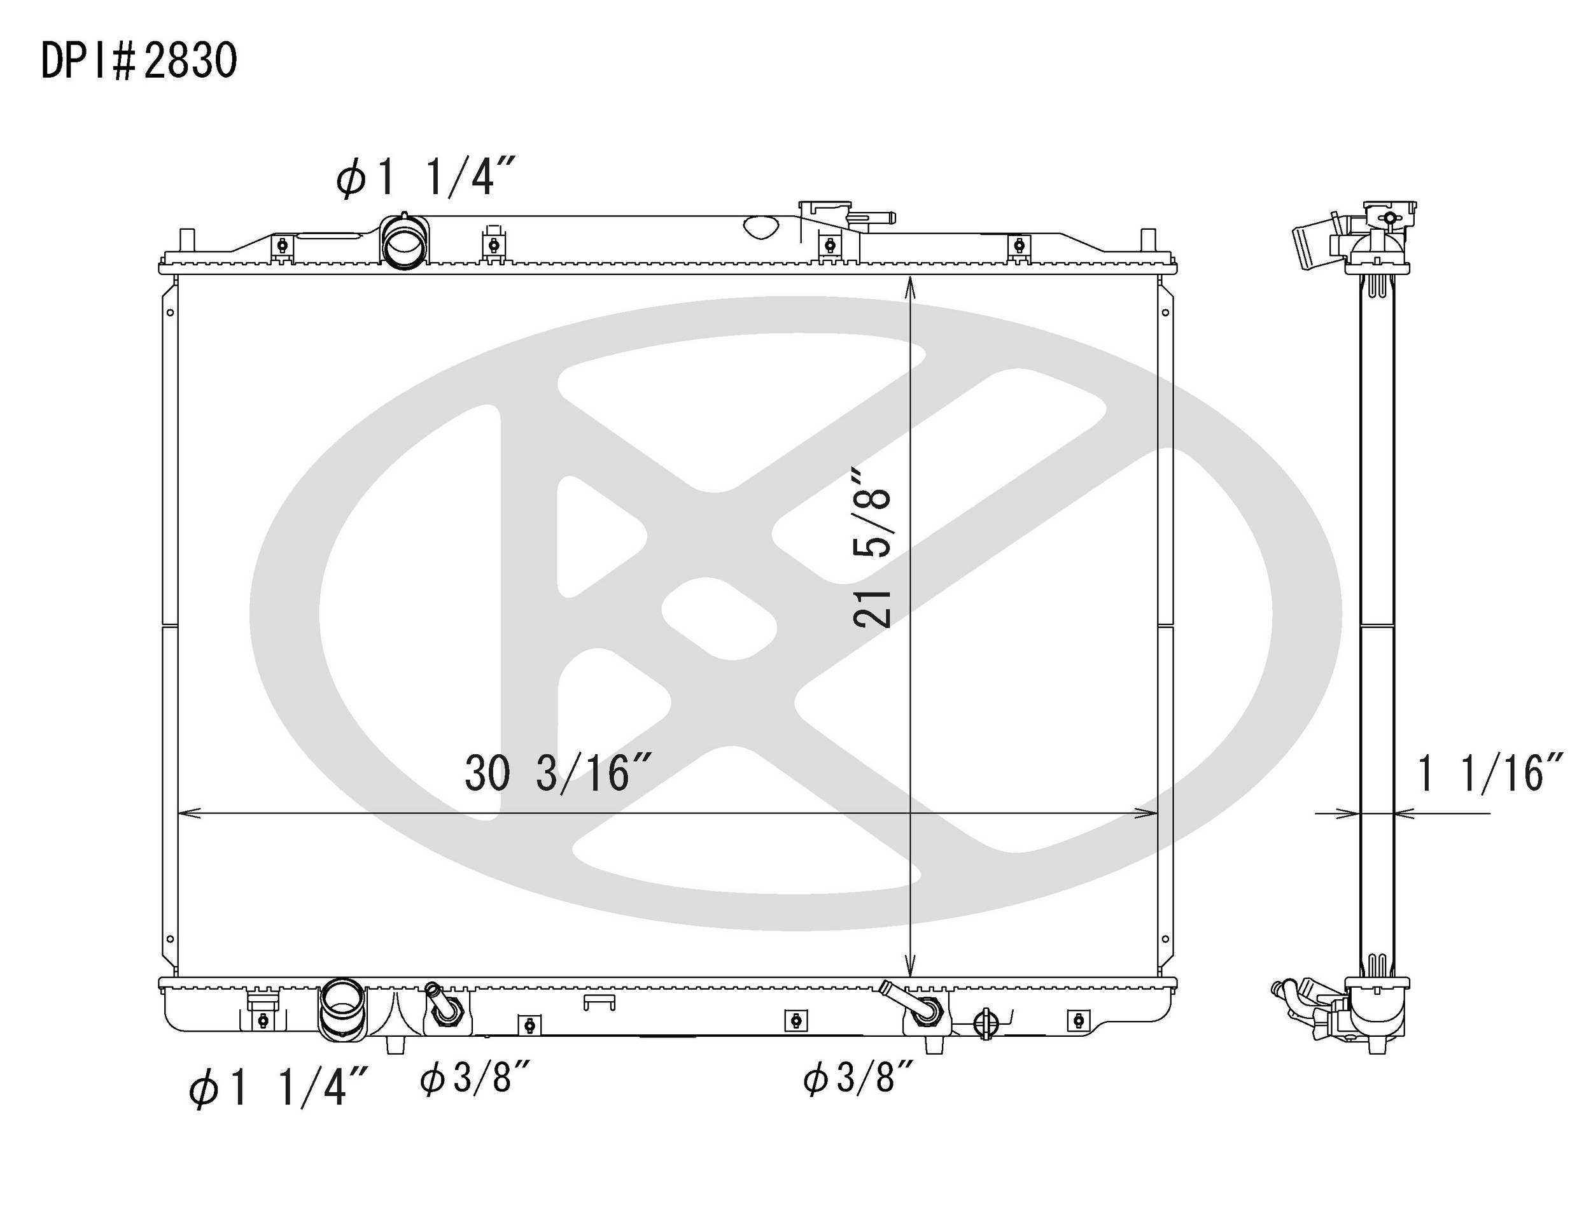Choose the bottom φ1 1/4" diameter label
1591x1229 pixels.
pyautogui.click(x=278, y=1088)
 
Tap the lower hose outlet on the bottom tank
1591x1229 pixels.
pyautogui.click(x=341, y=1011)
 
